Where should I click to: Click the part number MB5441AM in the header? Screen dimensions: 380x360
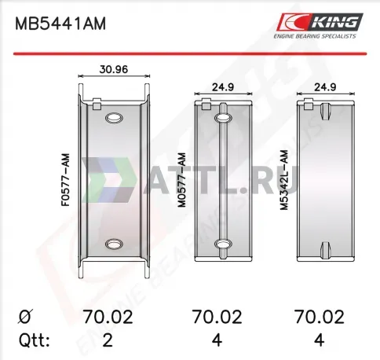coord(60,24)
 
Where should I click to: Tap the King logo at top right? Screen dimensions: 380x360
coord(320,25)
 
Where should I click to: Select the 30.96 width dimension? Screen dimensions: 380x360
coord(114,69)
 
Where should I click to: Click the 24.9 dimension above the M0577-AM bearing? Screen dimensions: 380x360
coord(223,87)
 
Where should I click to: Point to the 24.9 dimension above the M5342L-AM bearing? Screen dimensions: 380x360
coord(325,87)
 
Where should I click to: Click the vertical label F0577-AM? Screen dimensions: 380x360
coord(66,180)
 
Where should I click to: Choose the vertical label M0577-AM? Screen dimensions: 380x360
coord(181,180)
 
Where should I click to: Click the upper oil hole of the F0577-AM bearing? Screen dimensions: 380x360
coord(114,118)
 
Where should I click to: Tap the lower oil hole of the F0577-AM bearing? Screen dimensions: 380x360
coord(114,244)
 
